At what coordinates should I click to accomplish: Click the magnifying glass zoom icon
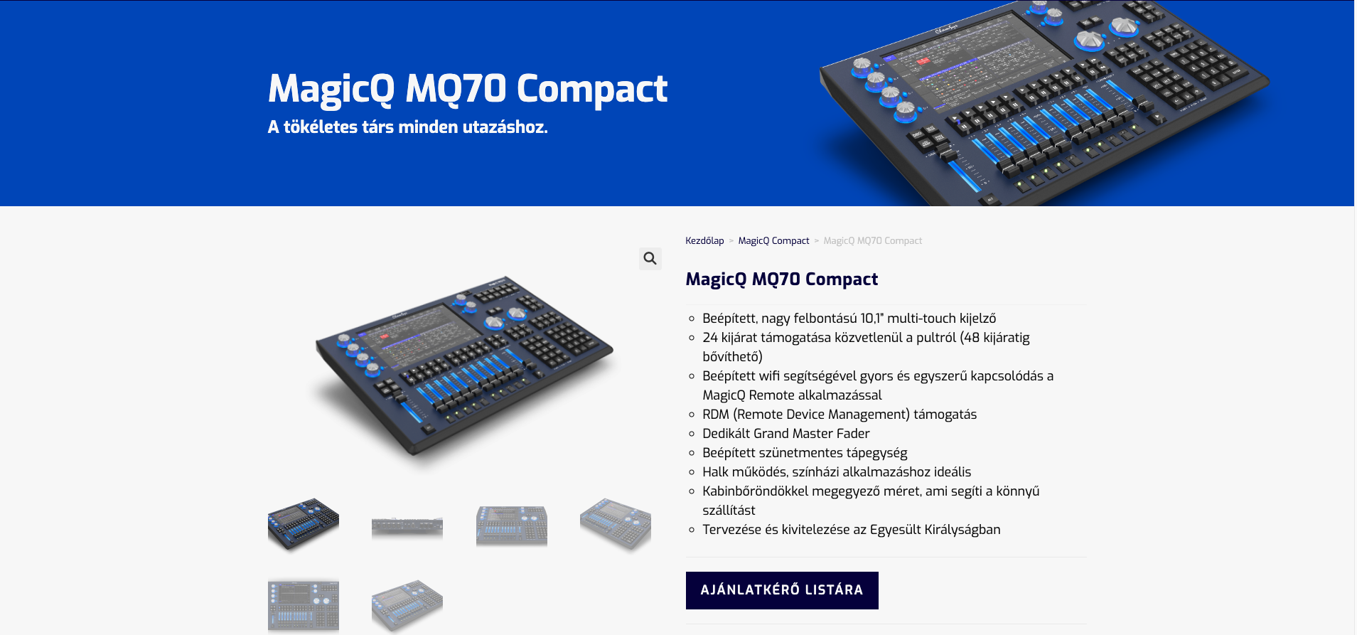point(650,258)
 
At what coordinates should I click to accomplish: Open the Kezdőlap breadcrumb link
point(704,241)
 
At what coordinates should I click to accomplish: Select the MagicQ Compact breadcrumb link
point(773,241)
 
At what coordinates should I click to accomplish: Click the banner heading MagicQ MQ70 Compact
point(468,90)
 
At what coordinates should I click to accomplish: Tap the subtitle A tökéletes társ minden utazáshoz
point(408,127)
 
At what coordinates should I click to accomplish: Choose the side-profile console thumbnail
point(407,526)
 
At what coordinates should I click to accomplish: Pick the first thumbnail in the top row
point(304,524)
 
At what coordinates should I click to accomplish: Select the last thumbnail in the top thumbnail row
point(616,524)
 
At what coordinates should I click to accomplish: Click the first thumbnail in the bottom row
point(304,604)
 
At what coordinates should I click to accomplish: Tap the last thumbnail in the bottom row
point(407,604)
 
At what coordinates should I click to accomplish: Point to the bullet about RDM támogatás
point(840,415)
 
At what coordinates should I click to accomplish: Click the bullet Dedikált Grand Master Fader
point(785,434)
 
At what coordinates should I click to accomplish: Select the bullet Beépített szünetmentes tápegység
point(805,453)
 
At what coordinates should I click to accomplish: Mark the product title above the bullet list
point(781,279)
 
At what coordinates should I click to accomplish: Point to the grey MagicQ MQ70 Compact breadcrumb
point(872,241)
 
